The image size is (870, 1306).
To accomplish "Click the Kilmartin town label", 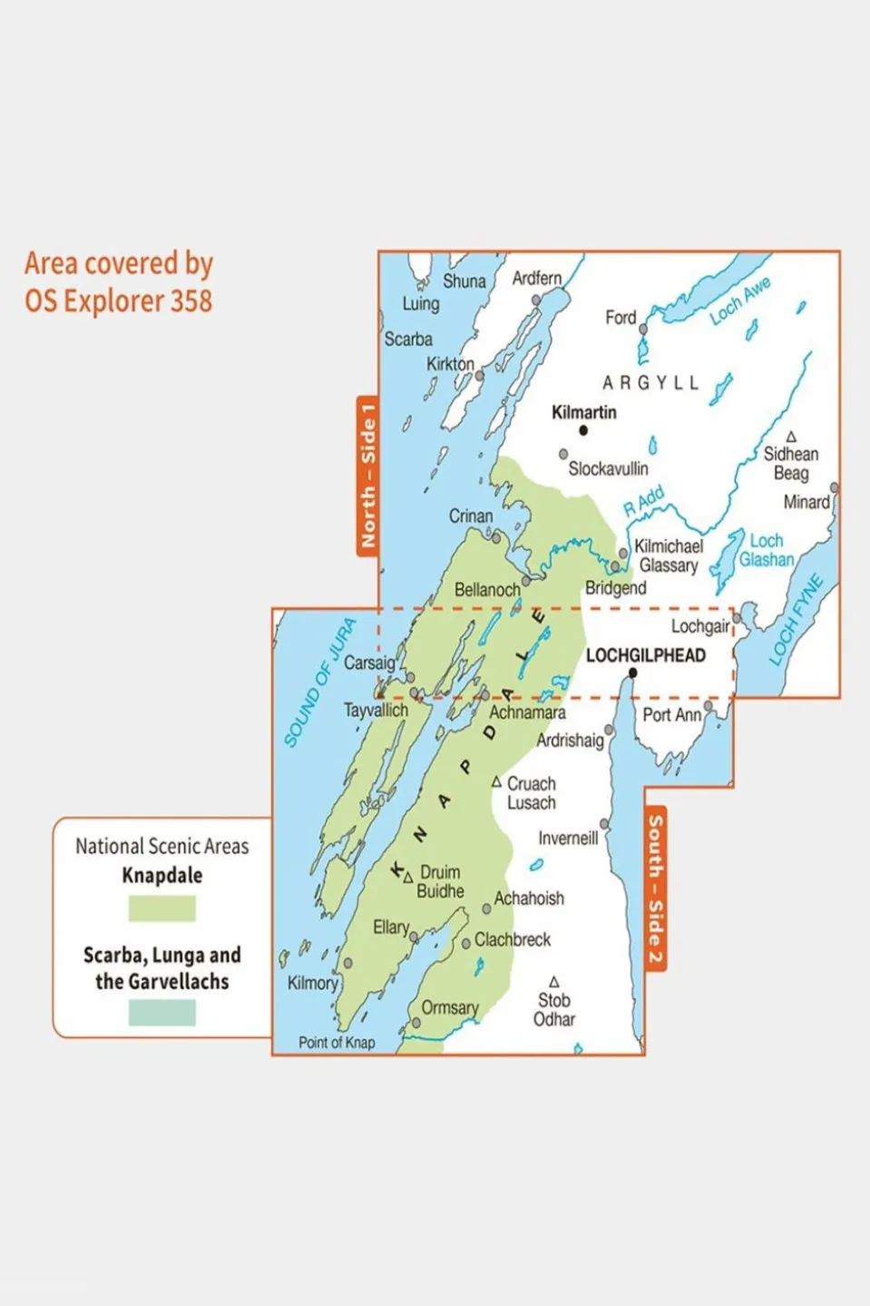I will point(583,412).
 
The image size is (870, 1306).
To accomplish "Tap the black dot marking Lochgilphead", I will point(632,673).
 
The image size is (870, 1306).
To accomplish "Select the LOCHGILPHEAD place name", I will point(645,655).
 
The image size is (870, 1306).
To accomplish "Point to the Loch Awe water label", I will point(739,300).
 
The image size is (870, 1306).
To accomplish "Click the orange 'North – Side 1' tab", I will point(367,476).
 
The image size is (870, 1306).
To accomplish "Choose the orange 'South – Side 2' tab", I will point(655,889).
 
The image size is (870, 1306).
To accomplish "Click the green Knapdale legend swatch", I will point(161,908).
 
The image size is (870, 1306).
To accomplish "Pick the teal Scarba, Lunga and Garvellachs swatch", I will point(161,1013).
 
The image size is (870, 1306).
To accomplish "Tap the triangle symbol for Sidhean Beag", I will point(791,437).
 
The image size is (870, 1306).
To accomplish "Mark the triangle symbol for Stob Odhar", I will point(553,982).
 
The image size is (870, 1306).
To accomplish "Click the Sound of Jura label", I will point(318,682).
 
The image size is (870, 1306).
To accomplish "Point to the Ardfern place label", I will point(536,279).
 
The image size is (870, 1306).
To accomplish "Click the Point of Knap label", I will point(337,1043).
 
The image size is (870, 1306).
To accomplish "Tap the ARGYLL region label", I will point(650,383).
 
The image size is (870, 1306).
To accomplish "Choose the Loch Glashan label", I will point(766,551).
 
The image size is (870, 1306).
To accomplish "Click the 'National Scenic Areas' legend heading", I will point(161,847).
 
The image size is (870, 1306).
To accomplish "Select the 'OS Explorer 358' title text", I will point(118,301).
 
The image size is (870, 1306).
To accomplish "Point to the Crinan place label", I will point(471,516).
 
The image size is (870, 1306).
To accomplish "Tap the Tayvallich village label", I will point(375,711).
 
